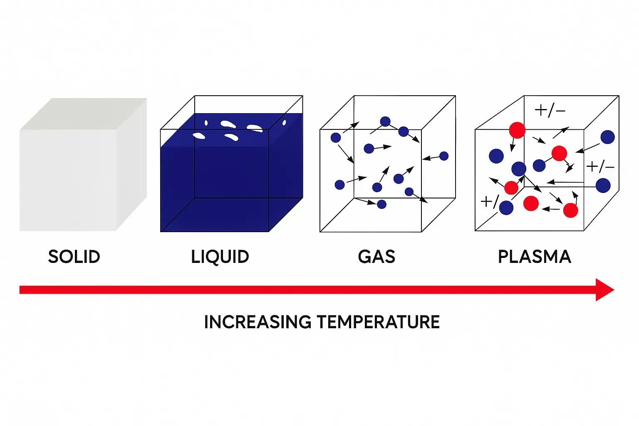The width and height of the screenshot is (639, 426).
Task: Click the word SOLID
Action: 74,257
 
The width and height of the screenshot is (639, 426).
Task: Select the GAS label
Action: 376,257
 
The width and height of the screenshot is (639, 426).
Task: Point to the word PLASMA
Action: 535,257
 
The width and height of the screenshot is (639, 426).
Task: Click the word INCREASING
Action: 258,322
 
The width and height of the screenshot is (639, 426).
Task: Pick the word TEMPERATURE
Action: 379,322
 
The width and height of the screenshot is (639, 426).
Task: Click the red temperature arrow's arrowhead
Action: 604,290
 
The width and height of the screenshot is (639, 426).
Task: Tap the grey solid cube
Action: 83,165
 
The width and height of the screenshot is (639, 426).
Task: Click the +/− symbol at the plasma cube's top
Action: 550,110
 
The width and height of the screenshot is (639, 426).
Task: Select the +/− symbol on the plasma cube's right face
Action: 600,167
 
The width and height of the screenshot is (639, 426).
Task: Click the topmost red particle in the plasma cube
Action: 517,130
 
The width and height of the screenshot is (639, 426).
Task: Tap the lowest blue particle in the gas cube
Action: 381,204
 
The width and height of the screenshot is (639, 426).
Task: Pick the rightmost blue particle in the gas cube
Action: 444,156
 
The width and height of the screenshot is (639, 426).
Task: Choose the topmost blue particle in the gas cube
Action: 385,121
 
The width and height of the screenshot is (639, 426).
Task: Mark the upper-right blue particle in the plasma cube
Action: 608,137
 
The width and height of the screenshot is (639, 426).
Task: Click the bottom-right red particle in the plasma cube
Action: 570,211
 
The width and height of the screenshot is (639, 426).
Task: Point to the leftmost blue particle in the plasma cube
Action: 496,156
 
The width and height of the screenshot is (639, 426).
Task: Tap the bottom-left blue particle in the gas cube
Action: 339,185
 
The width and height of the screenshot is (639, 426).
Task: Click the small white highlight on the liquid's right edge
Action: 284,123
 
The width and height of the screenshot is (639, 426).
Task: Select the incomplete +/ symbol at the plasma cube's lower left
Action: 490,201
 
